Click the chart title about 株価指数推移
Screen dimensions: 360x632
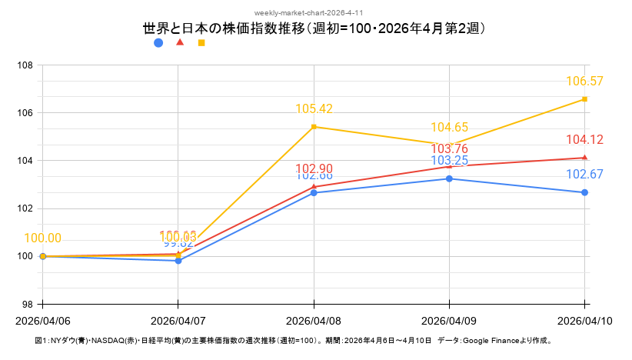point(315,28)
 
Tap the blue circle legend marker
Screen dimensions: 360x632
point(158,43)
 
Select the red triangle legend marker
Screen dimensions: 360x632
point(180,42)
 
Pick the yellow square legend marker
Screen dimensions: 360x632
point(201,43)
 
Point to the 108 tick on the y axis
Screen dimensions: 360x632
point(25,65)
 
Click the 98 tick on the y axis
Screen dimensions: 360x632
point(27,304)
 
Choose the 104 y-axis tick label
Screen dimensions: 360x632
point(25,161)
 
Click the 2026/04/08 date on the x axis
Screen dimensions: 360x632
point(314,320)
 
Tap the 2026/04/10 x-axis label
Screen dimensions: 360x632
point(585,320)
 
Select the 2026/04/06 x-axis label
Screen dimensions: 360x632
point(43,320)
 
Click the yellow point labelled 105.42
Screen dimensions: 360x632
point(314,127)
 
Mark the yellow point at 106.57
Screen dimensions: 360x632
point(585,99)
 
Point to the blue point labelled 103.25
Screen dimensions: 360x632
point(449,178)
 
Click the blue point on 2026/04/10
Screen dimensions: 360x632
point(585,192)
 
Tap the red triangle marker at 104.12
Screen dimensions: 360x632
point(585,157)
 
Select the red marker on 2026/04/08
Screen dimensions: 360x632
point(314,186)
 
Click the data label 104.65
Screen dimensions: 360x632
point(449,128)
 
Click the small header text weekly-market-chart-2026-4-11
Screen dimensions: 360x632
point(315,13)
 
